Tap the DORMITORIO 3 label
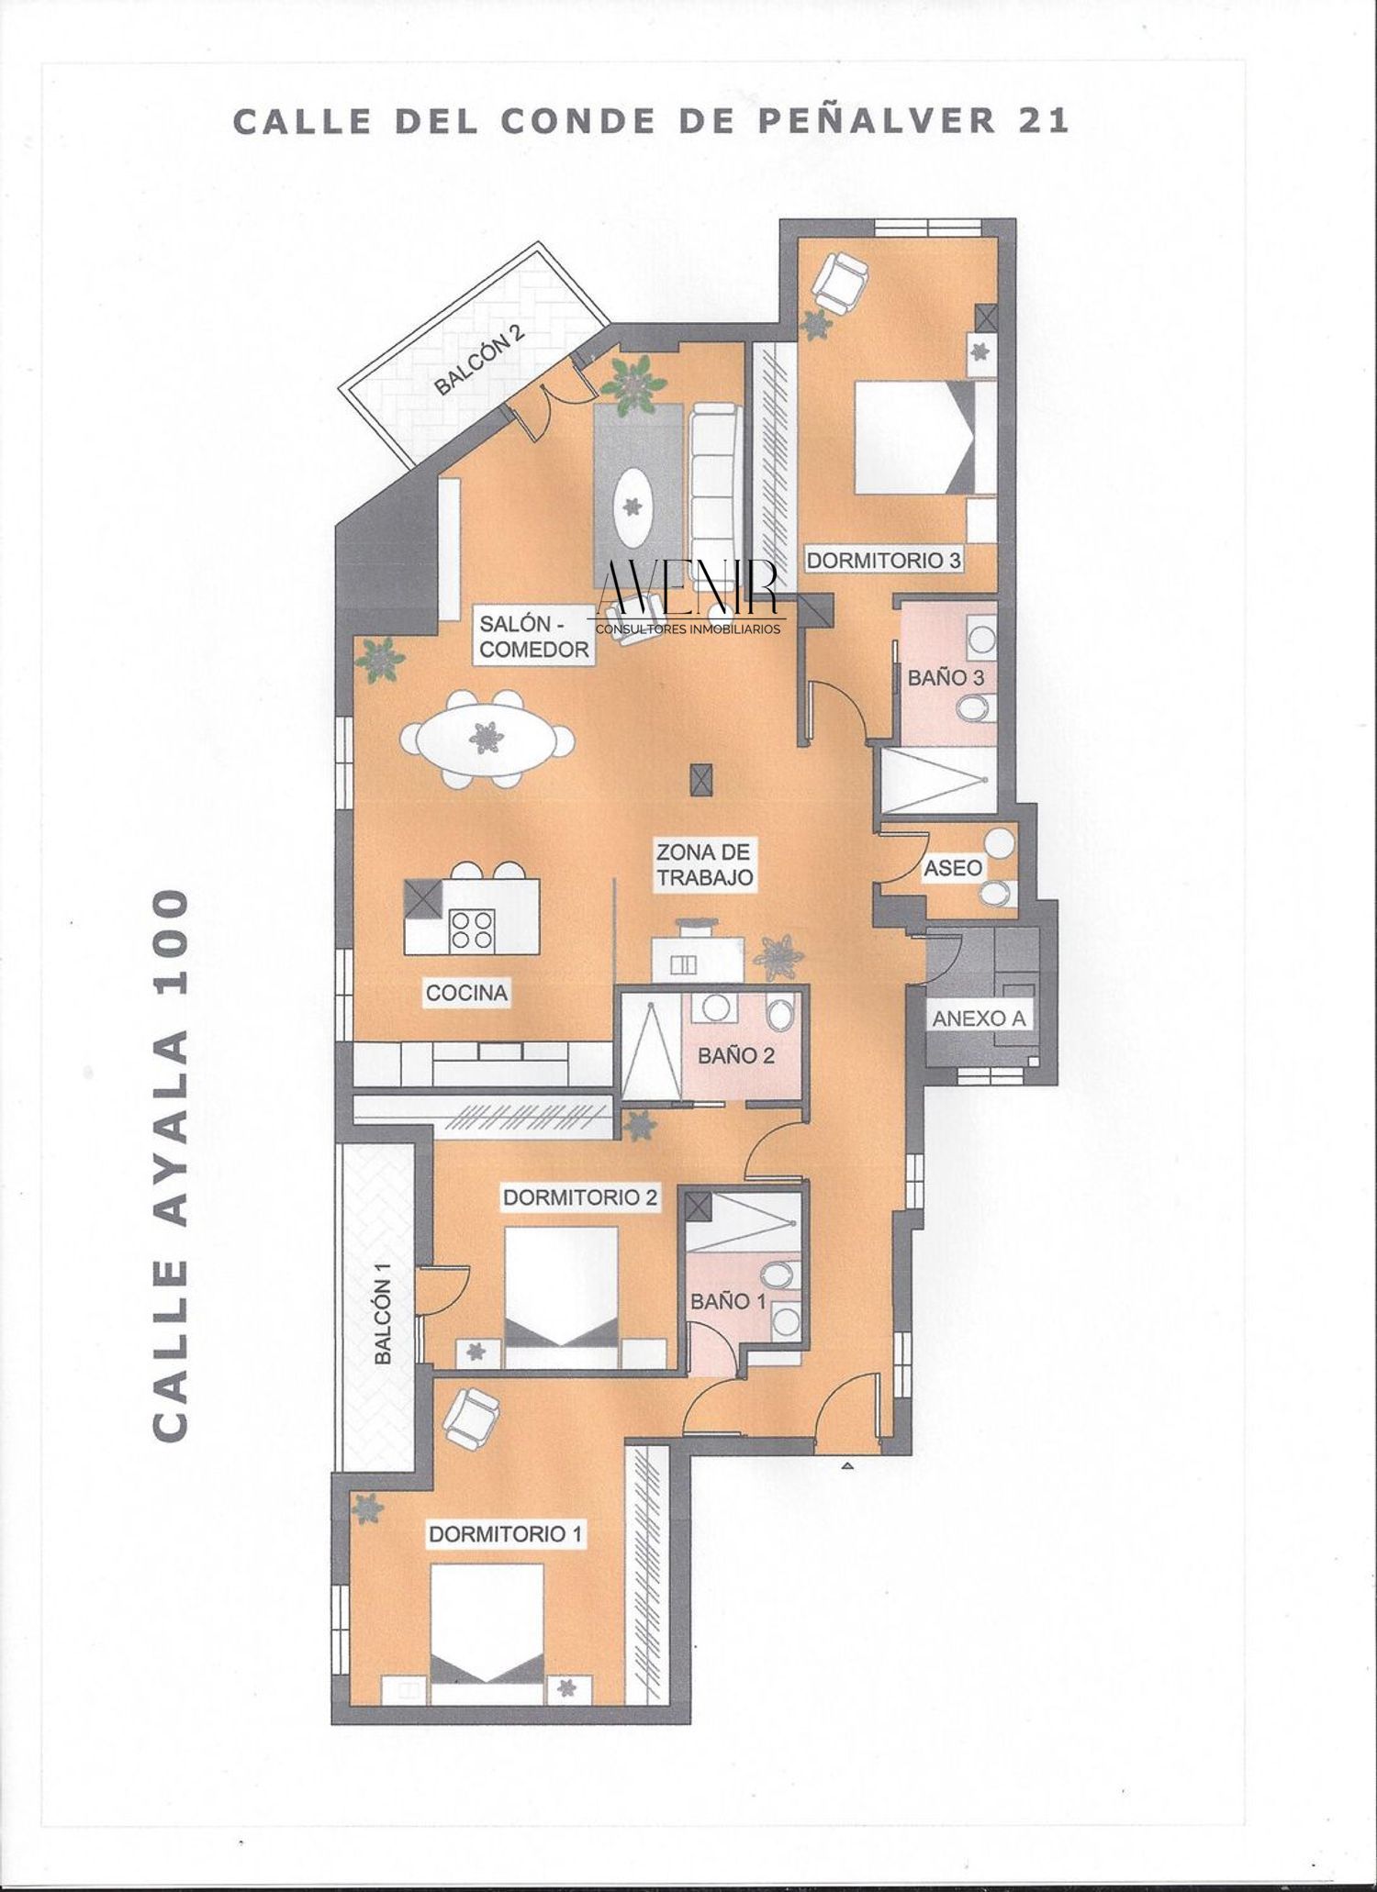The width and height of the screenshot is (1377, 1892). (x=883, y=561)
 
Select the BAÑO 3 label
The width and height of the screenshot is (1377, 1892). (x=946, y=678)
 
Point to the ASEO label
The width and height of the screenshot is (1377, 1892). (x=953, y=867)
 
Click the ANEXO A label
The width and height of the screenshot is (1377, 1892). (x=979, y=1018)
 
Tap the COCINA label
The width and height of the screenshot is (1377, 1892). (x=466, y=992)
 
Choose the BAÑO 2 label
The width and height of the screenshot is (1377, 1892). (x=735, y=1055)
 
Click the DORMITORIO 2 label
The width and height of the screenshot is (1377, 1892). (x=580, y=1196)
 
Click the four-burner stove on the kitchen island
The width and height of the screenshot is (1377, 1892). (x=471, y=928)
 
